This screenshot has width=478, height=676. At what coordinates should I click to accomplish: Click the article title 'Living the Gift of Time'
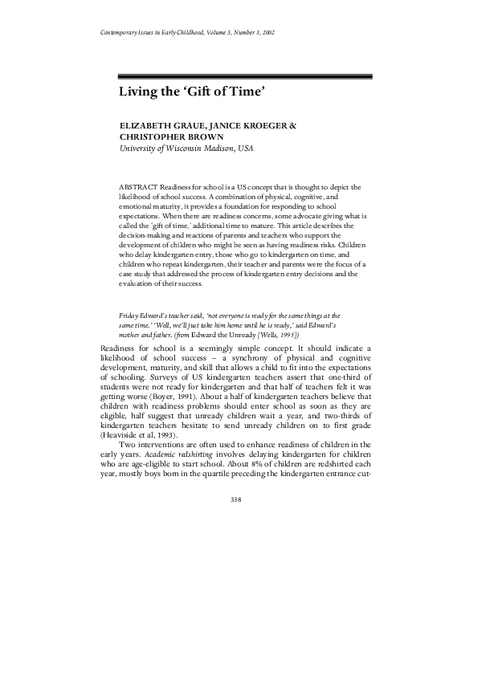click(x=192, y=93)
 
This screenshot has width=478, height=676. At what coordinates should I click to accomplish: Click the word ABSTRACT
click(x=137, y=186)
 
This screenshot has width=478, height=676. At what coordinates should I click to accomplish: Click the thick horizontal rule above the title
click(x=246, y=77)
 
